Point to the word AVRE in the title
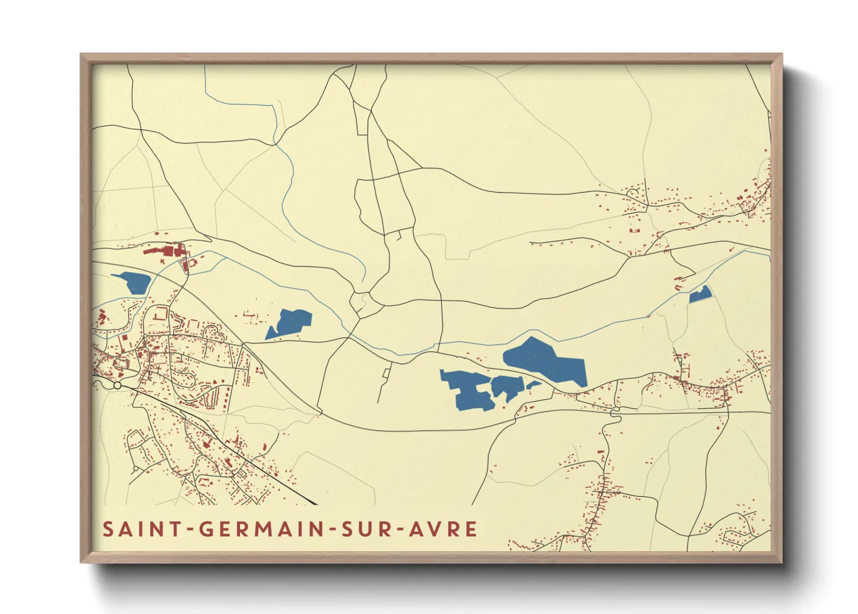coord(443,529)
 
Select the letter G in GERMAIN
coord(207,529)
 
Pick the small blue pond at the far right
coord(700,295)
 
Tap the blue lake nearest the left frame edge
coord(134,282)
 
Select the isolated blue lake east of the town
coord(292,323)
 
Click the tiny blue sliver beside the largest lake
coord(533,384)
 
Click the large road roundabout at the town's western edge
coord(117,385)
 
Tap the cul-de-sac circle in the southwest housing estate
coord(136,468)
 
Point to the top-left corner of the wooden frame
coord(82,55)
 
